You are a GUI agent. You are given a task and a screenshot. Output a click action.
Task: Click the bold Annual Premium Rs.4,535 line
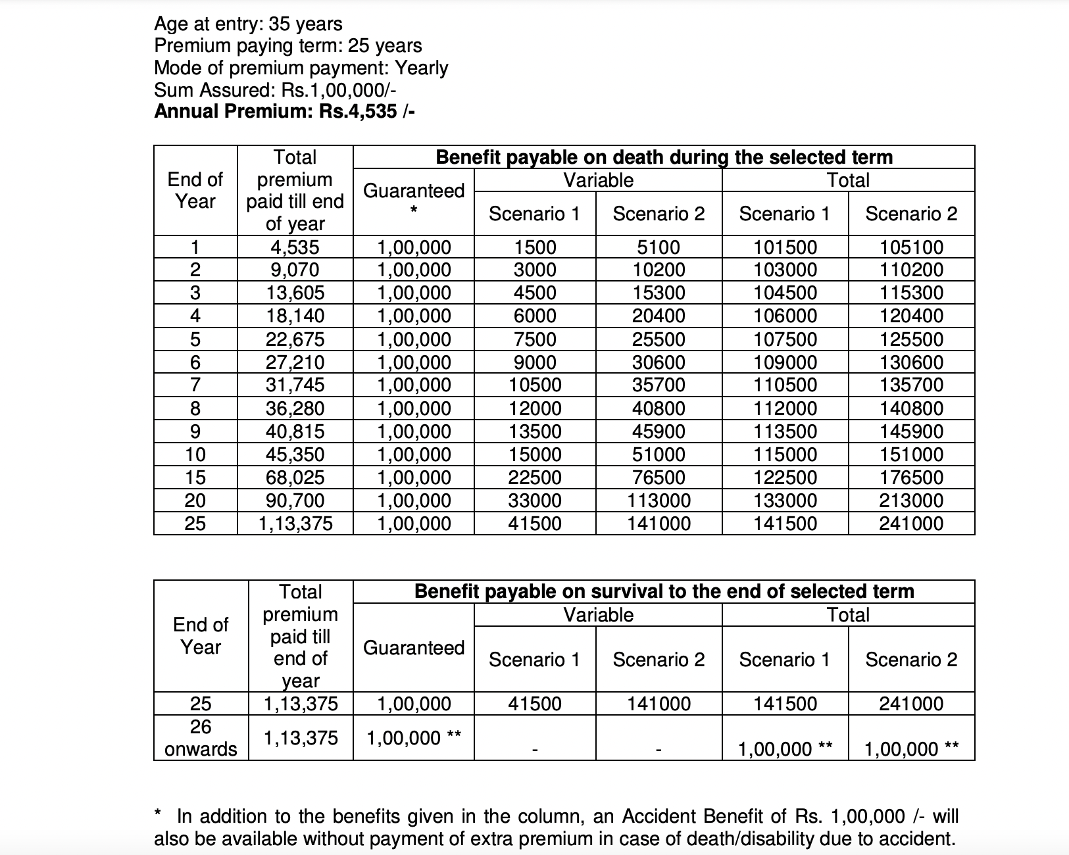[284, 111]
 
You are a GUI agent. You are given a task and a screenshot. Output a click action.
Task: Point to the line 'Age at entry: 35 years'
[248, 24]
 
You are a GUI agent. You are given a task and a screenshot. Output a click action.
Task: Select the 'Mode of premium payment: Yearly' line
[301, 68]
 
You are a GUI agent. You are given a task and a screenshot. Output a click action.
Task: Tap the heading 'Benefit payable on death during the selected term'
[664, 157]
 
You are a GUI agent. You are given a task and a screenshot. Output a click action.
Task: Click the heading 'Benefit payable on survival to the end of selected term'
[664, 591]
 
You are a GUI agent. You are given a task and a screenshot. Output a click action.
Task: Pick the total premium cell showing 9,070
[295, 270]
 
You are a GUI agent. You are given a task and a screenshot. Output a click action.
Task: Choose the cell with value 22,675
[295, 339]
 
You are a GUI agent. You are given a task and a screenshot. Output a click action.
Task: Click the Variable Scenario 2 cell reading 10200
[659, 270]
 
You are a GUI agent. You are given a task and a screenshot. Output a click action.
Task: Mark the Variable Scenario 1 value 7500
[535, 339]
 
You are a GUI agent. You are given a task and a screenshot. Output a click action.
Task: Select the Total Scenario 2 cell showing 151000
[911, 454]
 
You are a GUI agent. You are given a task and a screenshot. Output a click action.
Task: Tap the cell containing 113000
[659, 501]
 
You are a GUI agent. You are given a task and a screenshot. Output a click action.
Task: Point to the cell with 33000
[535, 501]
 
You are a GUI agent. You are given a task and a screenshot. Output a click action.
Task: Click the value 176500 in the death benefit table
[911, 477]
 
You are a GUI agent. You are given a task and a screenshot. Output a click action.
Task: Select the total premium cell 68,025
[295, 477]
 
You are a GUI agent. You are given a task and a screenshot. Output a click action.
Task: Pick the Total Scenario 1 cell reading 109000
[785, 362]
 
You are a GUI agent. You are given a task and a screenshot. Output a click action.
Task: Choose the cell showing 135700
[911, 385]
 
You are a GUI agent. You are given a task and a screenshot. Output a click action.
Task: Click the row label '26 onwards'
[201, 737]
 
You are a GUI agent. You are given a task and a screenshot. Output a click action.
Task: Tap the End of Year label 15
[195, 477]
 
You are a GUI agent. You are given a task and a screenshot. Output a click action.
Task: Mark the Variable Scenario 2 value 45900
[659, 431]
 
